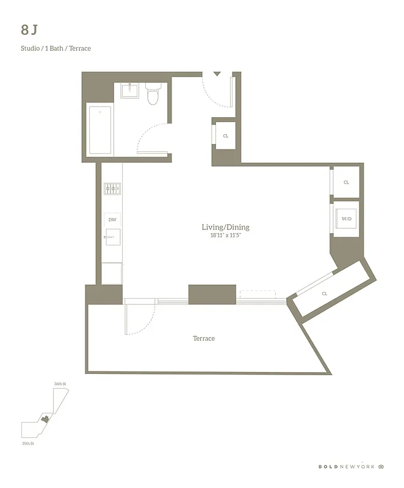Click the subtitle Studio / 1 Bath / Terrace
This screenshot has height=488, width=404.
click(x=56, y=48)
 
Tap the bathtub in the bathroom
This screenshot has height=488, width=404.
click(x=100, y=130)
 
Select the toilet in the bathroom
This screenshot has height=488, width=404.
click(x=153, y=95)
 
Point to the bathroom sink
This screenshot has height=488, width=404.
click(x=130, y=91)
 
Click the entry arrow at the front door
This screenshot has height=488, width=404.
click(x=217, y=74)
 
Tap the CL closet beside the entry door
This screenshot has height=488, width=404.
click(x=225, y=136)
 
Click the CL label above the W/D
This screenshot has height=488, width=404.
click(x=346, y=182)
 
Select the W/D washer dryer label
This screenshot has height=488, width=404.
click(x=346, y=218)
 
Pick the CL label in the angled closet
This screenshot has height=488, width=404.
click(x=325, y=293)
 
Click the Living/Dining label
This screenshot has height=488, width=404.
click(x=225, y=228)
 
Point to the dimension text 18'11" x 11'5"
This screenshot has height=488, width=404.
click(x=225, y=235)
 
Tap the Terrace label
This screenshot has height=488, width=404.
click(x=204, y=339)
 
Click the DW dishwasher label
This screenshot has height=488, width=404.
click(x=112, y=219)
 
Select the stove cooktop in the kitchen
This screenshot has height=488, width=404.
click(x=112, y=188)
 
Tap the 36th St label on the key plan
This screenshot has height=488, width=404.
click(x=59, y=384)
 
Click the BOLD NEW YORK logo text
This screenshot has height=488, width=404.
click(x=346, y=467)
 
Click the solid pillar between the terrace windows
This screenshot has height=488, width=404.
click(x=212, y=294)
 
